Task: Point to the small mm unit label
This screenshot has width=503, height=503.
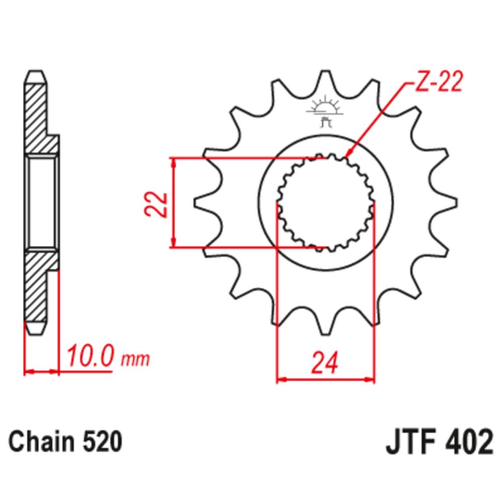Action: pos(136,359)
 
